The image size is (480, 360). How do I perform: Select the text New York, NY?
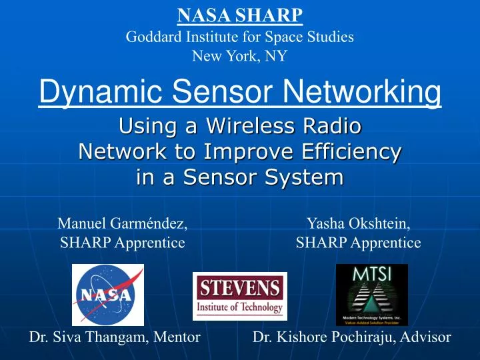(239, 57)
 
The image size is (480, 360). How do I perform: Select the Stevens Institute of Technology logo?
(240, 296)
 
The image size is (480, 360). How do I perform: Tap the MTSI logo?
(371, 294)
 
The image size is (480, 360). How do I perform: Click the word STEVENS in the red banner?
(240, 288)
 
